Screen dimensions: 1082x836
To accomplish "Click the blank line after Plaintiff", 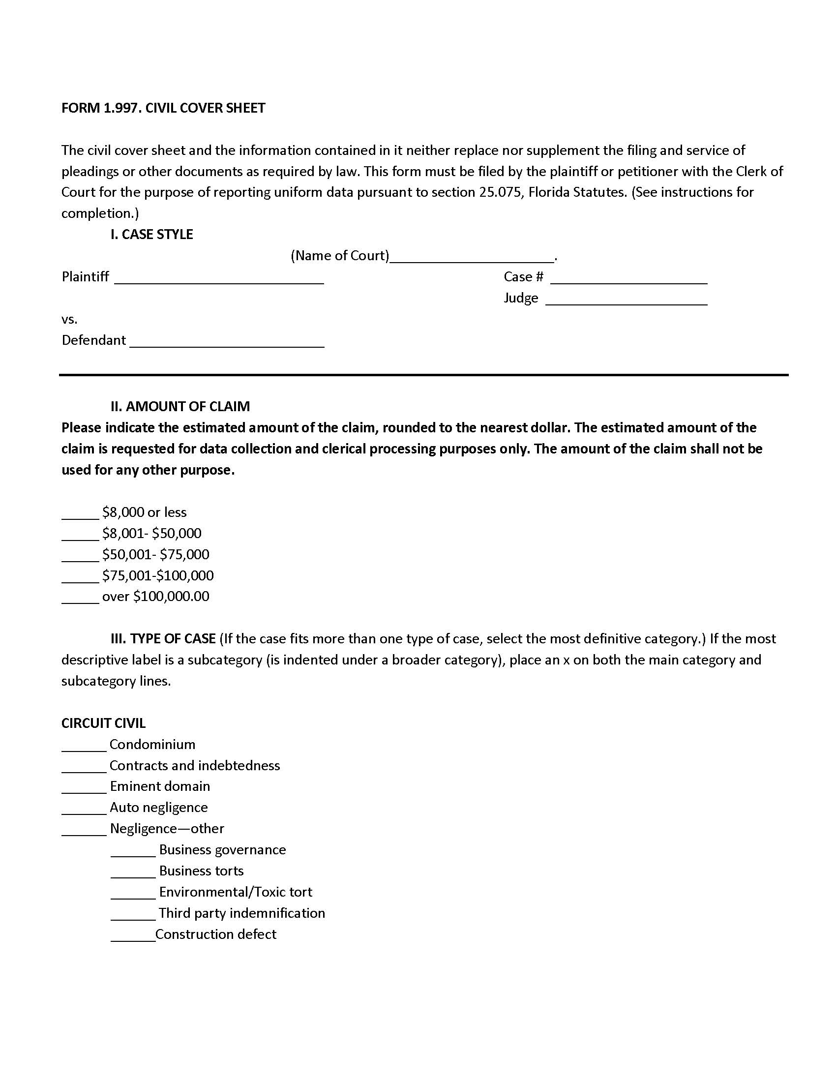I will pos(218,278).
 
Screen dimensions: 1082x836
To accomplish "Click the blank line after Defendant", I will pos(227,342).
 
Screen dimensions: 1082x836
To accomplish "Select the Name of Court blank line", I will pos(472,257).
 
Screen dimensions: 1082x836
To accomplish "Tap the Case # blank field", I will pos(628,278).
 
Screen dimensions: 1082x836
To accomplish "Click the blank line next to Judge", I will pos(626,300).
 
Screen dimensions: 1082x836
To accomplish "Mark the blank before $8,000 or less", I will pos(80,514).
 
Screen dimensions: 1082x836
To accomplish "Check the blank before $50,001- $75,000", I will pos(80,556).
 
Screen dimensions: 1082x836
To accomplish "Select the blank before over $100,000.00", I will pos(80,598).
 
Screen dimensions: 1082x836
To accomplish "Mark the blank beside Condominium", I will pos(84,746).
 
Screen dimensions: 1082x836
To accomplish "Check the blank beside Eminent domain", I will pos(84,788).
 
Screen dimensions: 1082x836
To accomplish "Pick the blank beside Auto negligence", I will pos(84,809).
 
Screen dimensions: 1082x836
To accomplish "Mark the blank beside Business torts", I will pos(133,872).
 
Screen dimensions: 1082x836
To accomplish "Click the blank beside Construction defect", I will pos(133,936).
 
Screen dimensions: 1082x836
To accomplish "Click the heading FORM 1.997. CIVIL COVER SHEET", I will pos(163,108).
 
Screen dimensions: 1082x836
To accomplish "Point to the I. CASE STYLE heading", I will pos(151,234).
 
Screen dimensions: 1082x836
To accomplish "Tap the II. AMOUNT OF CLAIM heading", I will pos(180,406).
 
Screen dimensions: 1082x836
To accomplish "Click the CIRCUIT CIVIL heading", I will pos(103,723).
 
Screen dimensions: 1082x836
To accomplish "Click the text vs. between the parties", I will pos(69,320).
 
